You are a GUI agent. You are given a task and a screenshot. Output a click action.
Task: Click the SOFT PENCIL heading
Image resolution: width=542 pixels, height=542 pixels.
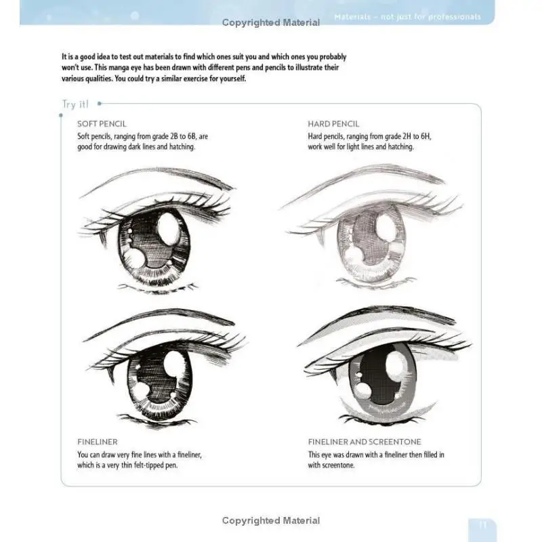click(x=102, y=124)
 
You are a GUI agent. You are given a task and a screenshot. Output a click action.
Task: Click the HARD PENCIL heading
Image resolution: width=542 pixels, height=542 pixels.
click(x=333, y=124)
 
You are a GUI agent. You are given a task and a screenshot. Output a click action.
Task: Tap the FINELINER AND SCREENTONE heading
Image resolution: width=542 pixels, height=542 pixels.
click(x=364, y=442)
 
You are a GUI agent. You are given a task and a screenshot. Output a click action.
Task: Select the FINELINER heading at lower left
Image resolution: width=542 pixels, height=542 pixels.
click(x=98, y=442)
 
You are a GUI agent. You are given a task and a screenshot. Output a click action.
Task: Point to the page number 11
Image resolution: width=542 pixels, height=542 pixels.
click(x=482, y=524)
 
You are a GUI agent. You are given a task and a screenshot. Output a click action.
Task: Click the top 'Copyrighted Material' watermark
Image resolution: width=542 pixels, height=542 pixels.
click(x=271, y=23)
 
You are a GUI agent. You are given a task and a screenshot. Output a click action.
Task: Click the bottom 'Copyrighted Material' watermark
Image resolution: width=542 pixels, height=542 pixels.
click(x=271, y=520)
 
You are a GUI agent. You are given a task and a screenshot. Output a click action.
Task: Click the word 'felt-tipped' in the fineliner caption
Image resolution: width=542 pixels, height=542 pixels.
click(x=159, y=465)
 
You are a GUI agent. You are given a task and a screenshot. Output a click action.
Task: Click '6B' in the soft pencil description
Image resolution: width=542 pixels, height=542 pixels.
click(x=178, y=136)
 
